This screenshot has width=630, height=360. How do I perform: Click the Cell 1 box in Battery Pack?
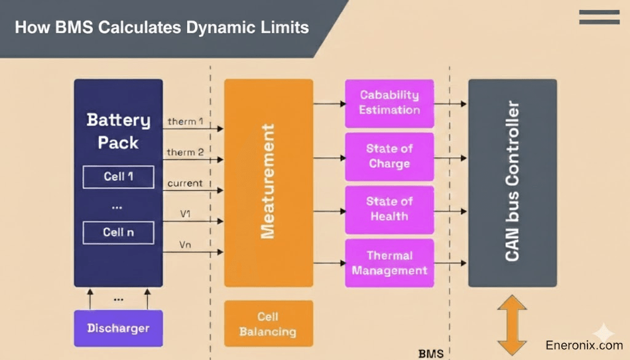click(118, 177)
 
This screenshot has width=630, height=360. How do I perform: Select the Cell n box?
click(118, 233)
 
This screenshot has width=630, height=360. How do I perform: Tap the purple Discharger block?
click(118, 328)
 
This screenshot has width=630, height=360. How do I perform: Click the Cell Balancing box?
click(268, 324)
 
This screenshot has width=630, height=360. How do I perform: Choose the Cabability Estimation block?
click(389, 103)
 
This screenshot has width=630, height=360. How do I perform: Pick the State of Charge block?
click(389, 156)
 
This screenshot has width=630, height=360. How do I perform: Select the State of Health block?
click(389, 209)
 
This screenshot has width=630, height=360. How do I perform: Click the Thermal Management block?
click(389, 263)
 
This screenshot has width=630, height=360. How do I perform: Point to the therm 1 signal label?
click(185, 122)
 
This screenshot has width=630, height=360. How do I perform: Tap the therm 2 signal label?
click(185, 153)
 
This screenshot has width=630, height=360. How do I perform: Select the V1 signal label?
click(185, 214)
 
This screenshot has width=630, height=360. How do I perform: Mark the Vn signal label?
click(185, 244)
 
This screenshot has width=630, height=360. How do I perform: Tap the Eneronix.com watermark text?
click(584, 346)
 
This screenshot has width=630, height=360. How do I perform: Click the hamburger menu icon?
click(599, 17)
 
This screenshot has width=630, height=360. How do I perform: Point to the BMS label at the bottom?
click(431, 354)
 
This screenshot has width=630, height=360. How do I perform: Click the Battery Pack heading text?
click(118, 131)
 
